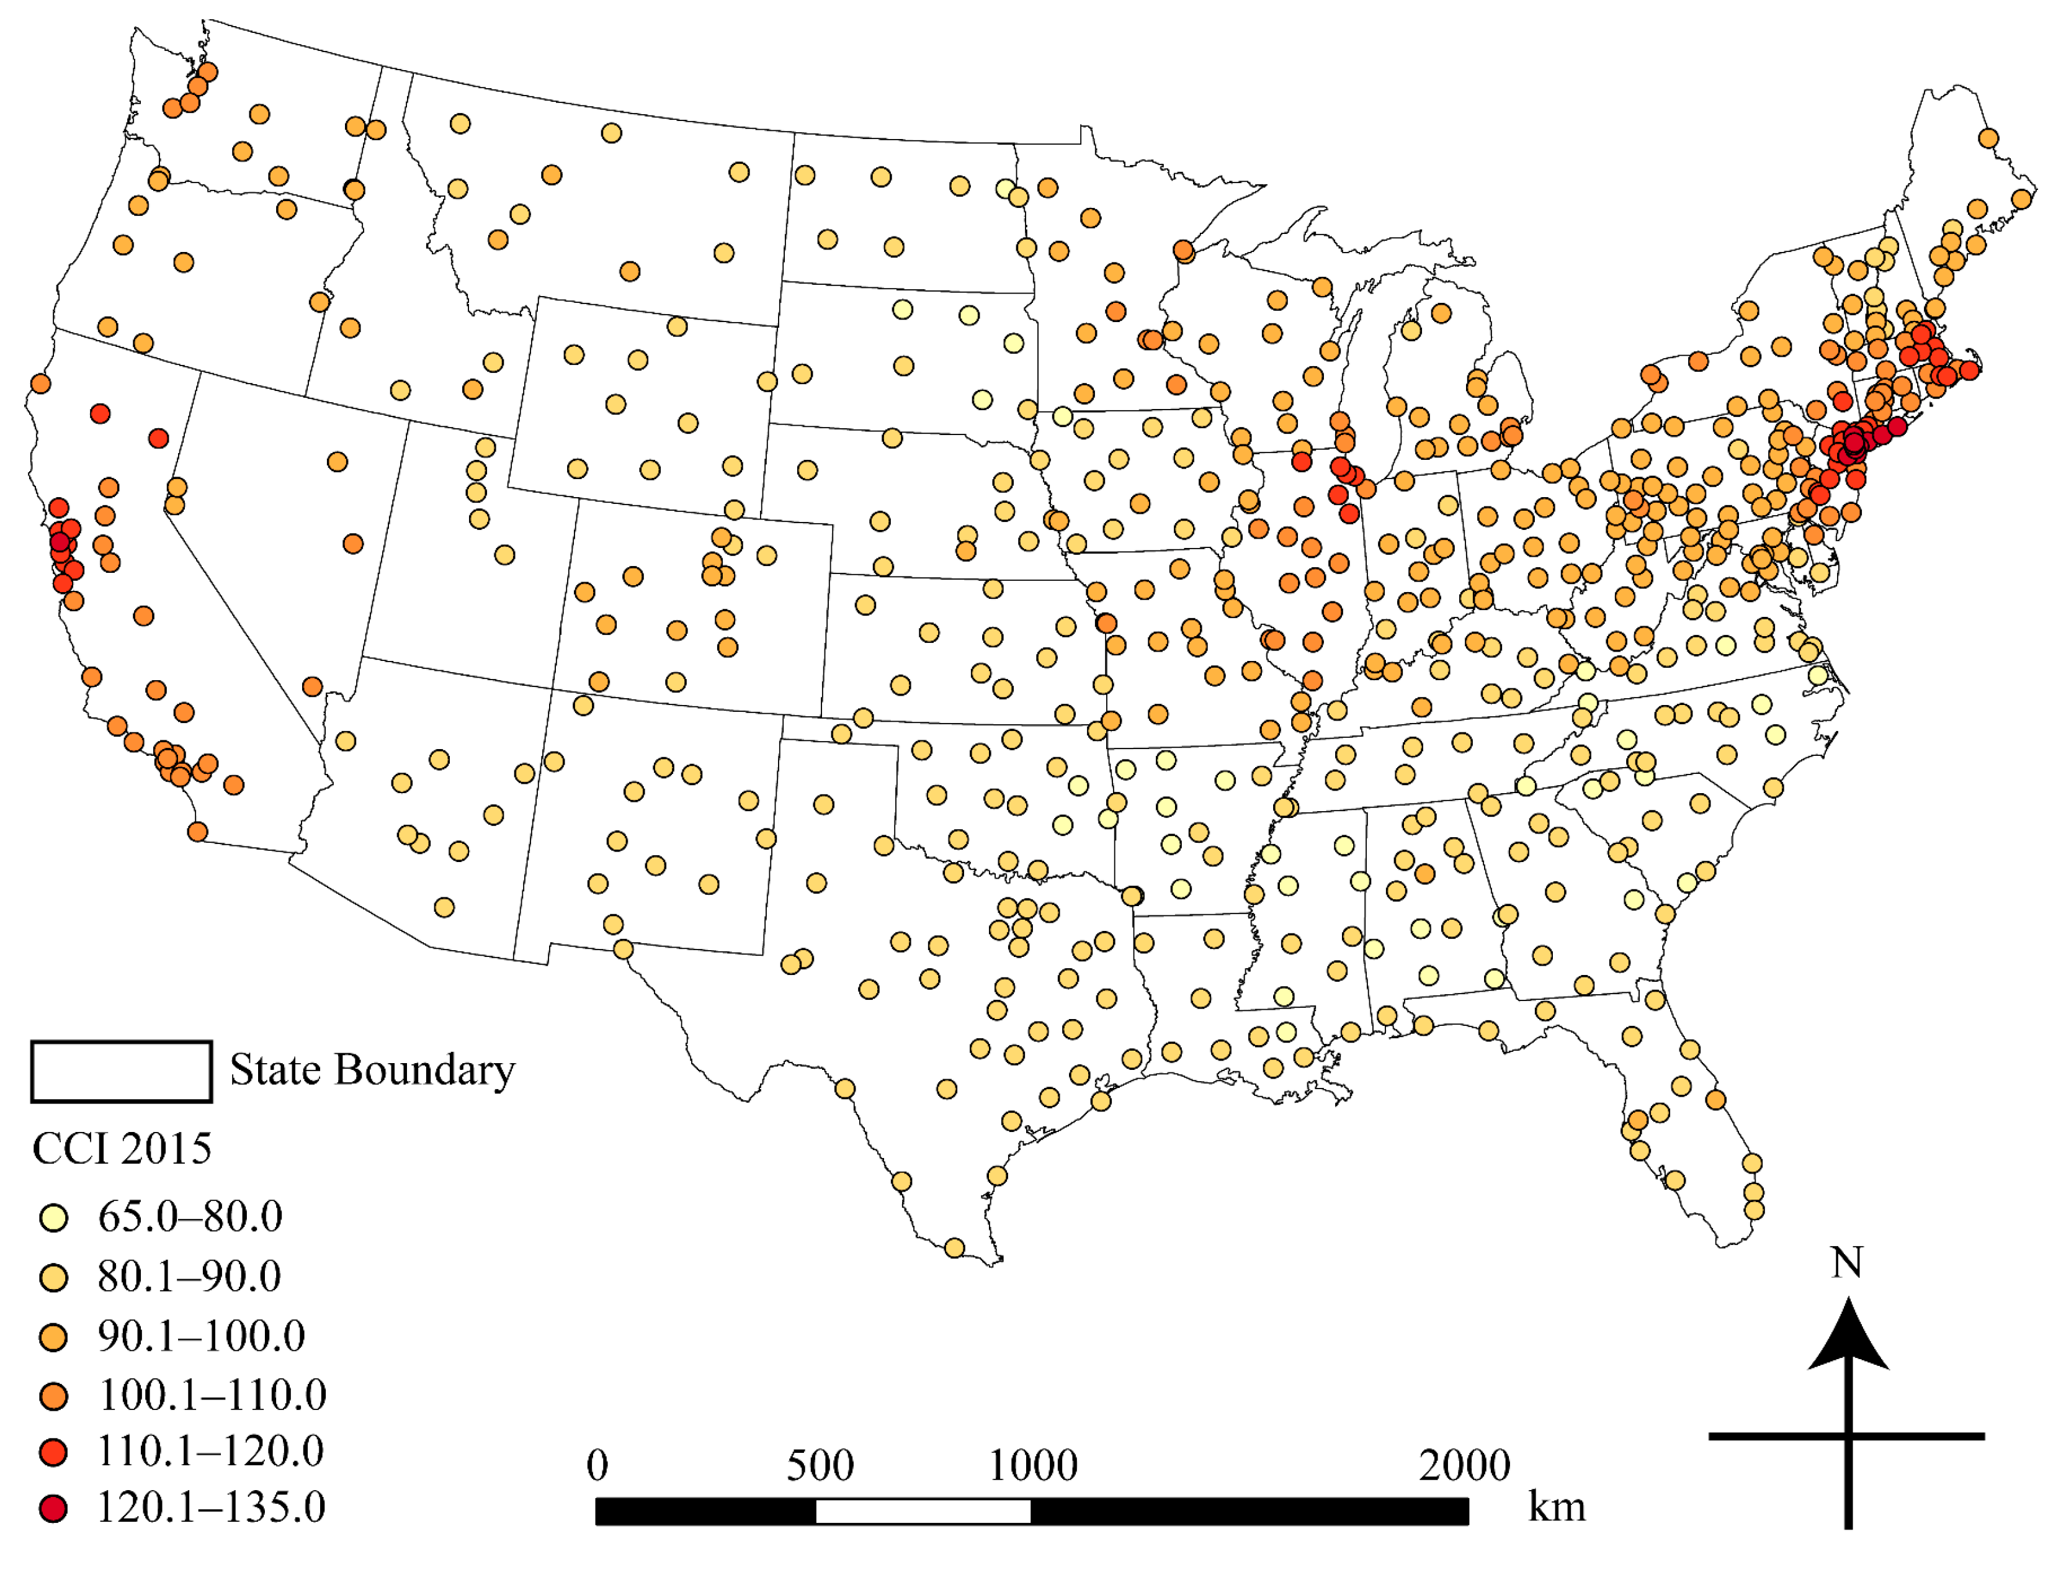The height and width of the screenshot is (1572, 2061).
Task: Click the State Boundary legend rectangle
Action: [x=122, y=1071]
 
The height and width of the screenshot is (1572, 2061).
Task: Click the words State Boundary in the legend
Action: [x=372, y=1071]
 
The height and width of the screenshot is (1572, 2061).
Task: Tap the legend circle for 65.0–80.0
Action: [x=53, y=1218]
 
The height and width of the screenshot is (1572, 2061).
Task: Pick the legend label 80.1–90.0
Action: [x=189, y=1277]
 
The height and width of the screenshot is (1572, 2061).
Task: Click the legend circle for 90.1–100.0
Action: [x=53, y=1338]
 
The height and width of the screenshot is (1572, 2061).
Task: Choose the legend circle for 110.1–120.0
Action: [x=53, y=1453]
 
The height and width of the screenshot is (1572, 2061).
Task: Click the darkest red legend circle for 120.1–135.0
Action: [x=53, y=1509]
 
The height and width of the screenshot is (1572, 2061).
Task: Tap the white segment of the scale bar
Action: [x=923, y=1512]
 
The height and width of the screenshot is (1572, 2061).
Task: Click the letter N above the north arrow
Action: [x=1847, y=1263]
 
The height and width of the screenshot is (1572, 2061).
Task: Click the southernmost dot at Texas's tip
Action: [x=954, y=1248]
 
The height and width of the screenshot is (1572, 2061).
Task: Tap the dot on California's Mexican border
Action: [x=197, y=832]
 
